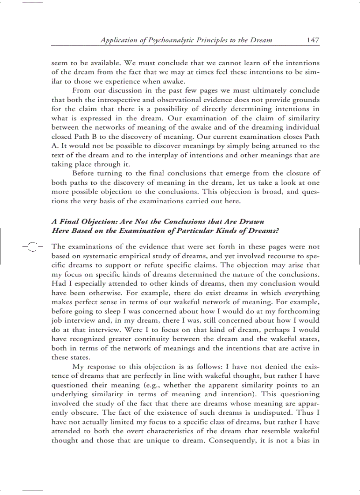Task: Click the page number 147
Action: point(313,40)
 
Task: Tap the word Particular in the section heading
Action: point(188,230)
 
